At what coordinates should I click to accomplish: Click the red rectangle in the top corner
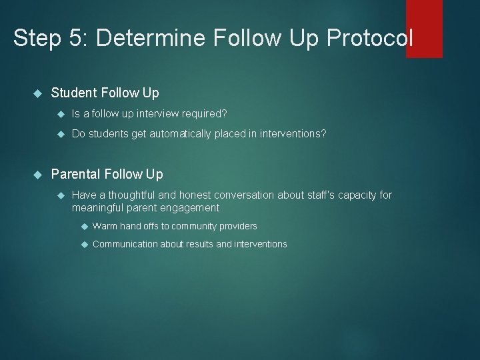[424, 28]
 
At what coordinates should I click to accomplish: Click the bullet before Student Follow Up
[37, 93]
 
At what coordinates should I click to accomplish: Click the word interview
[148, 113]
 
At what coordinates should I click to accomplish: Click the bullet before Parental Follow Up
[37, 175]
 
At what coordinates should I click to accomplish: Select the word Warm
[105, 226]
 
